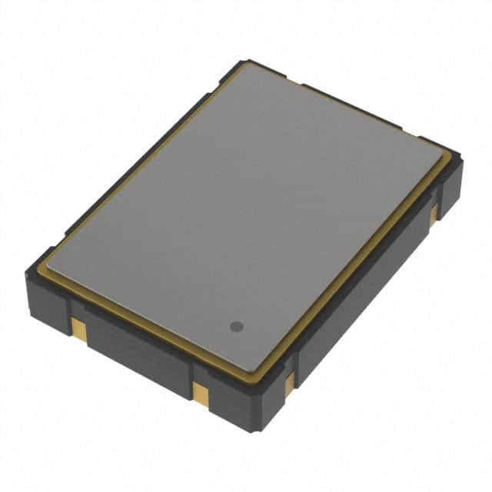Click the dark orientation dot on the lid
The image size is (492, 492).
[x=237, y=326]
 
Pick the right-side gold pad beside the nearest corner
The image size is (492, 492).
[x=289, y=383]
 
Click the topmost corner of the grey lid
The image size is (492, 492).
[x=248, y=65]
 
